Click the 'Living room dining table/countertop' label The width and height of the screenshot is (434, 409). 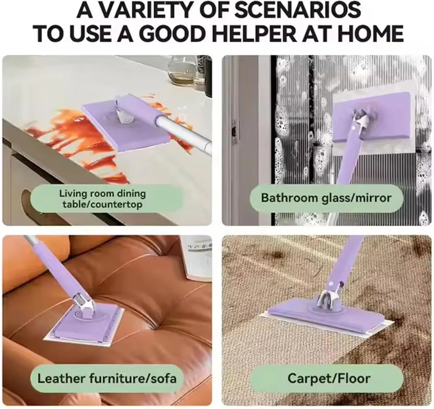102,199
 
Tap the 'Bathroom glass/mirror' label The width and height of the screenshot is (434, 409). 326,198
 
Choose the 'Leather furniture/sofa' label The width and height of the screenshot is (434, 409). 107,378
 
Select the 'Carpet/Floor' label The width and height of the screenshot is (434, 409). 329,378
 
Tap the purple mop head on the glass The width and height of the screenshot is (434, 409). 374,116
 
